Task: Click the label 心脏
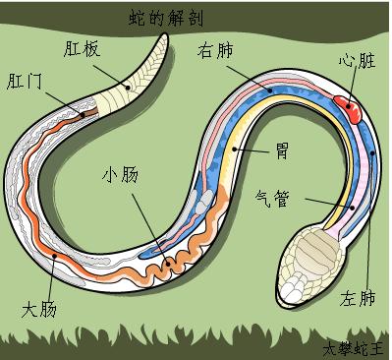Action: coord(357,60)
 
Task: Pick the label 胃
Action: coord(280,152)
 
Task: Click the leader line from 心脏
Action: coord(353,84)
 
